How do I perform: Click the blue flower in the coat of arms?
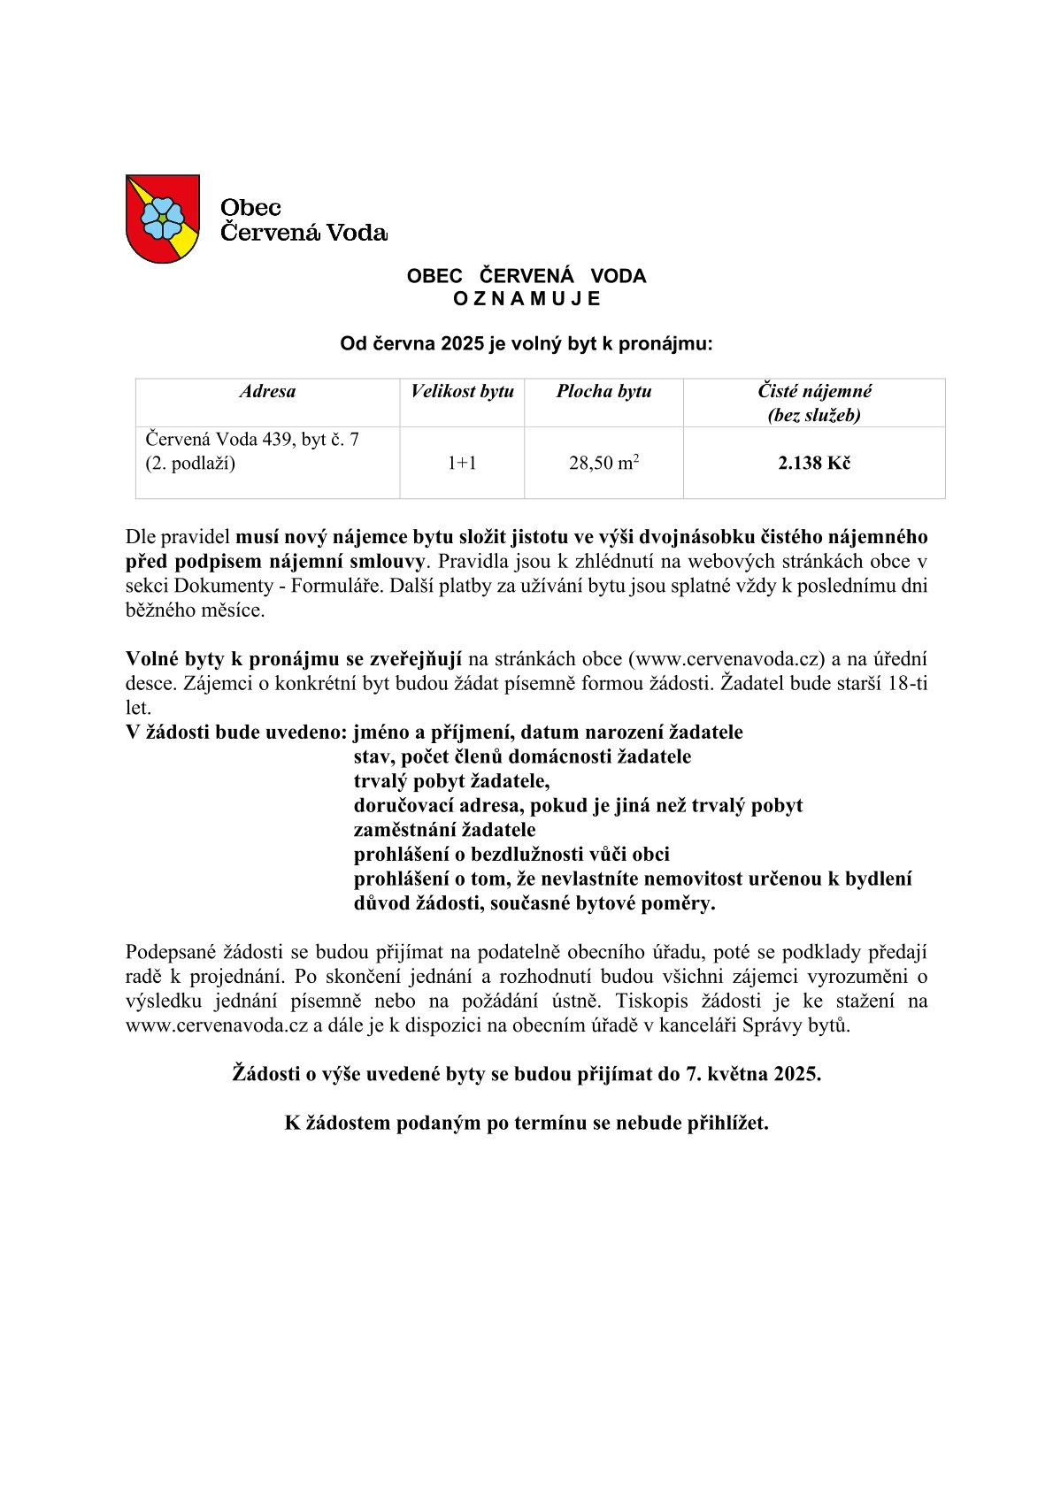tap(162, 218)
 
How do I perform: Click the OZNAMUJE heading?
tap(526, 299)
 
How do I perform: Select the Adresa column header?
tap(267, 392)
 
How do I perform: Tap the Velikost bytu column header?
tap(462, 392)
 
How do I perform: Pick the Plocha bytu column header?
tap(603, 392)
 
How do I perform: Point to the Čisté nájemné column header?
tap(814, 403)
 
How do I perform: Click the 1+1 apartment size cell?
tap(462, 463)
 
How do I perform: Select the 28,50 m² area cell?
tap(603, 463)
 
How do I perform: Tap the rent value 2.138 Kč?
tap(814, 463)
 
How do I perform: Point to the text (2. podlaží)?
tap(190, 464)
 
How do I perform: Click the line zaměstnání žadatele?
tap(444, 830)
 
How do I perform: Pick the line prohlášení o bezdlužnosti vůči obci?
tap(511, 855)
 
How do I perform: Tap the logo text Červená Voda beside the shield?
tap(304, 233)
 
